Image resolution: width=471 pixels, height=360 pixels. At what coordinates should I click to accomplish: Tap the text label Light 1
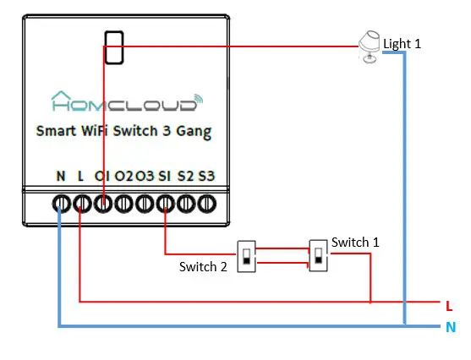tap(402, 43)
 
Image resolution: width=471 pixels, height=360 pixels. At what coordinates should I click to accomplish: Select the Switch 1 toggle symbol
tap(319, 254)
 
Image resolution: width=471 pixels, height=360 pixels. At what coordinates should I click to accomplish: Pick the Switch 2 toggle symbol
tap(245, 254)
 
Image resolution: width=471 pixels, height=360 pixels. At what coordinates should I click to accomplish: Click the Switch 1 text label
tap(355, 242)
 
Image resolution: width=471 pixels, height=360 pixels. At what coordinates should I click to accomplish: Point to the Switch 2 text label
tap(203, 267)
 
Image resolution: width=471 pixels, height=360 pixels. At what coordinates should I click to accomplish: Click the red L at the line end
tap(449, 305)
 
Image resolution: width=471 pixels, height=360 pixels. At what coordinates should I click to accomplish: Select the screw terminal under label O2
tap(124, 204)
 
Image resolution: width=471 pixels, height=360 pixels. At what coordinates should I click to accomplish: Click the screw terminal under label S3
tap(207, 204)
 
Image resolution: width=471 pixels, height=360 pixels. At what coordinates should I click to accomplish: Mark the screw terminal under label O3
tap(145, 204)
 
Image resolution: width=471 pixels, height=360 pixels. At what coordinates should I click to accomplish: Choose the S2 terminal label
tap(186, 176)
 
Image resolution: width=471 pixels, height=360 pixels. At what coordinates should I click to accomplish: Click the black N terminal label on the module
tap(61, 176)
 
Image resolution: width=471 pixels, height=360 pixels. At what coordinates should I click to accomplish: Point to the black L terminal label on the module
tap(81, 176)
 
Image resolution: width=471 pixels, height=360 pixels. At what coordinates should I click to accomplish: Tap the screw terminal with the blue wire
tap(61, 204)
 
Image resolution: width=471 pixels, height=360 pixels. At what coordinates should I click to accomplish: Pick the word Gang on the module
tap(193, 132)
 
